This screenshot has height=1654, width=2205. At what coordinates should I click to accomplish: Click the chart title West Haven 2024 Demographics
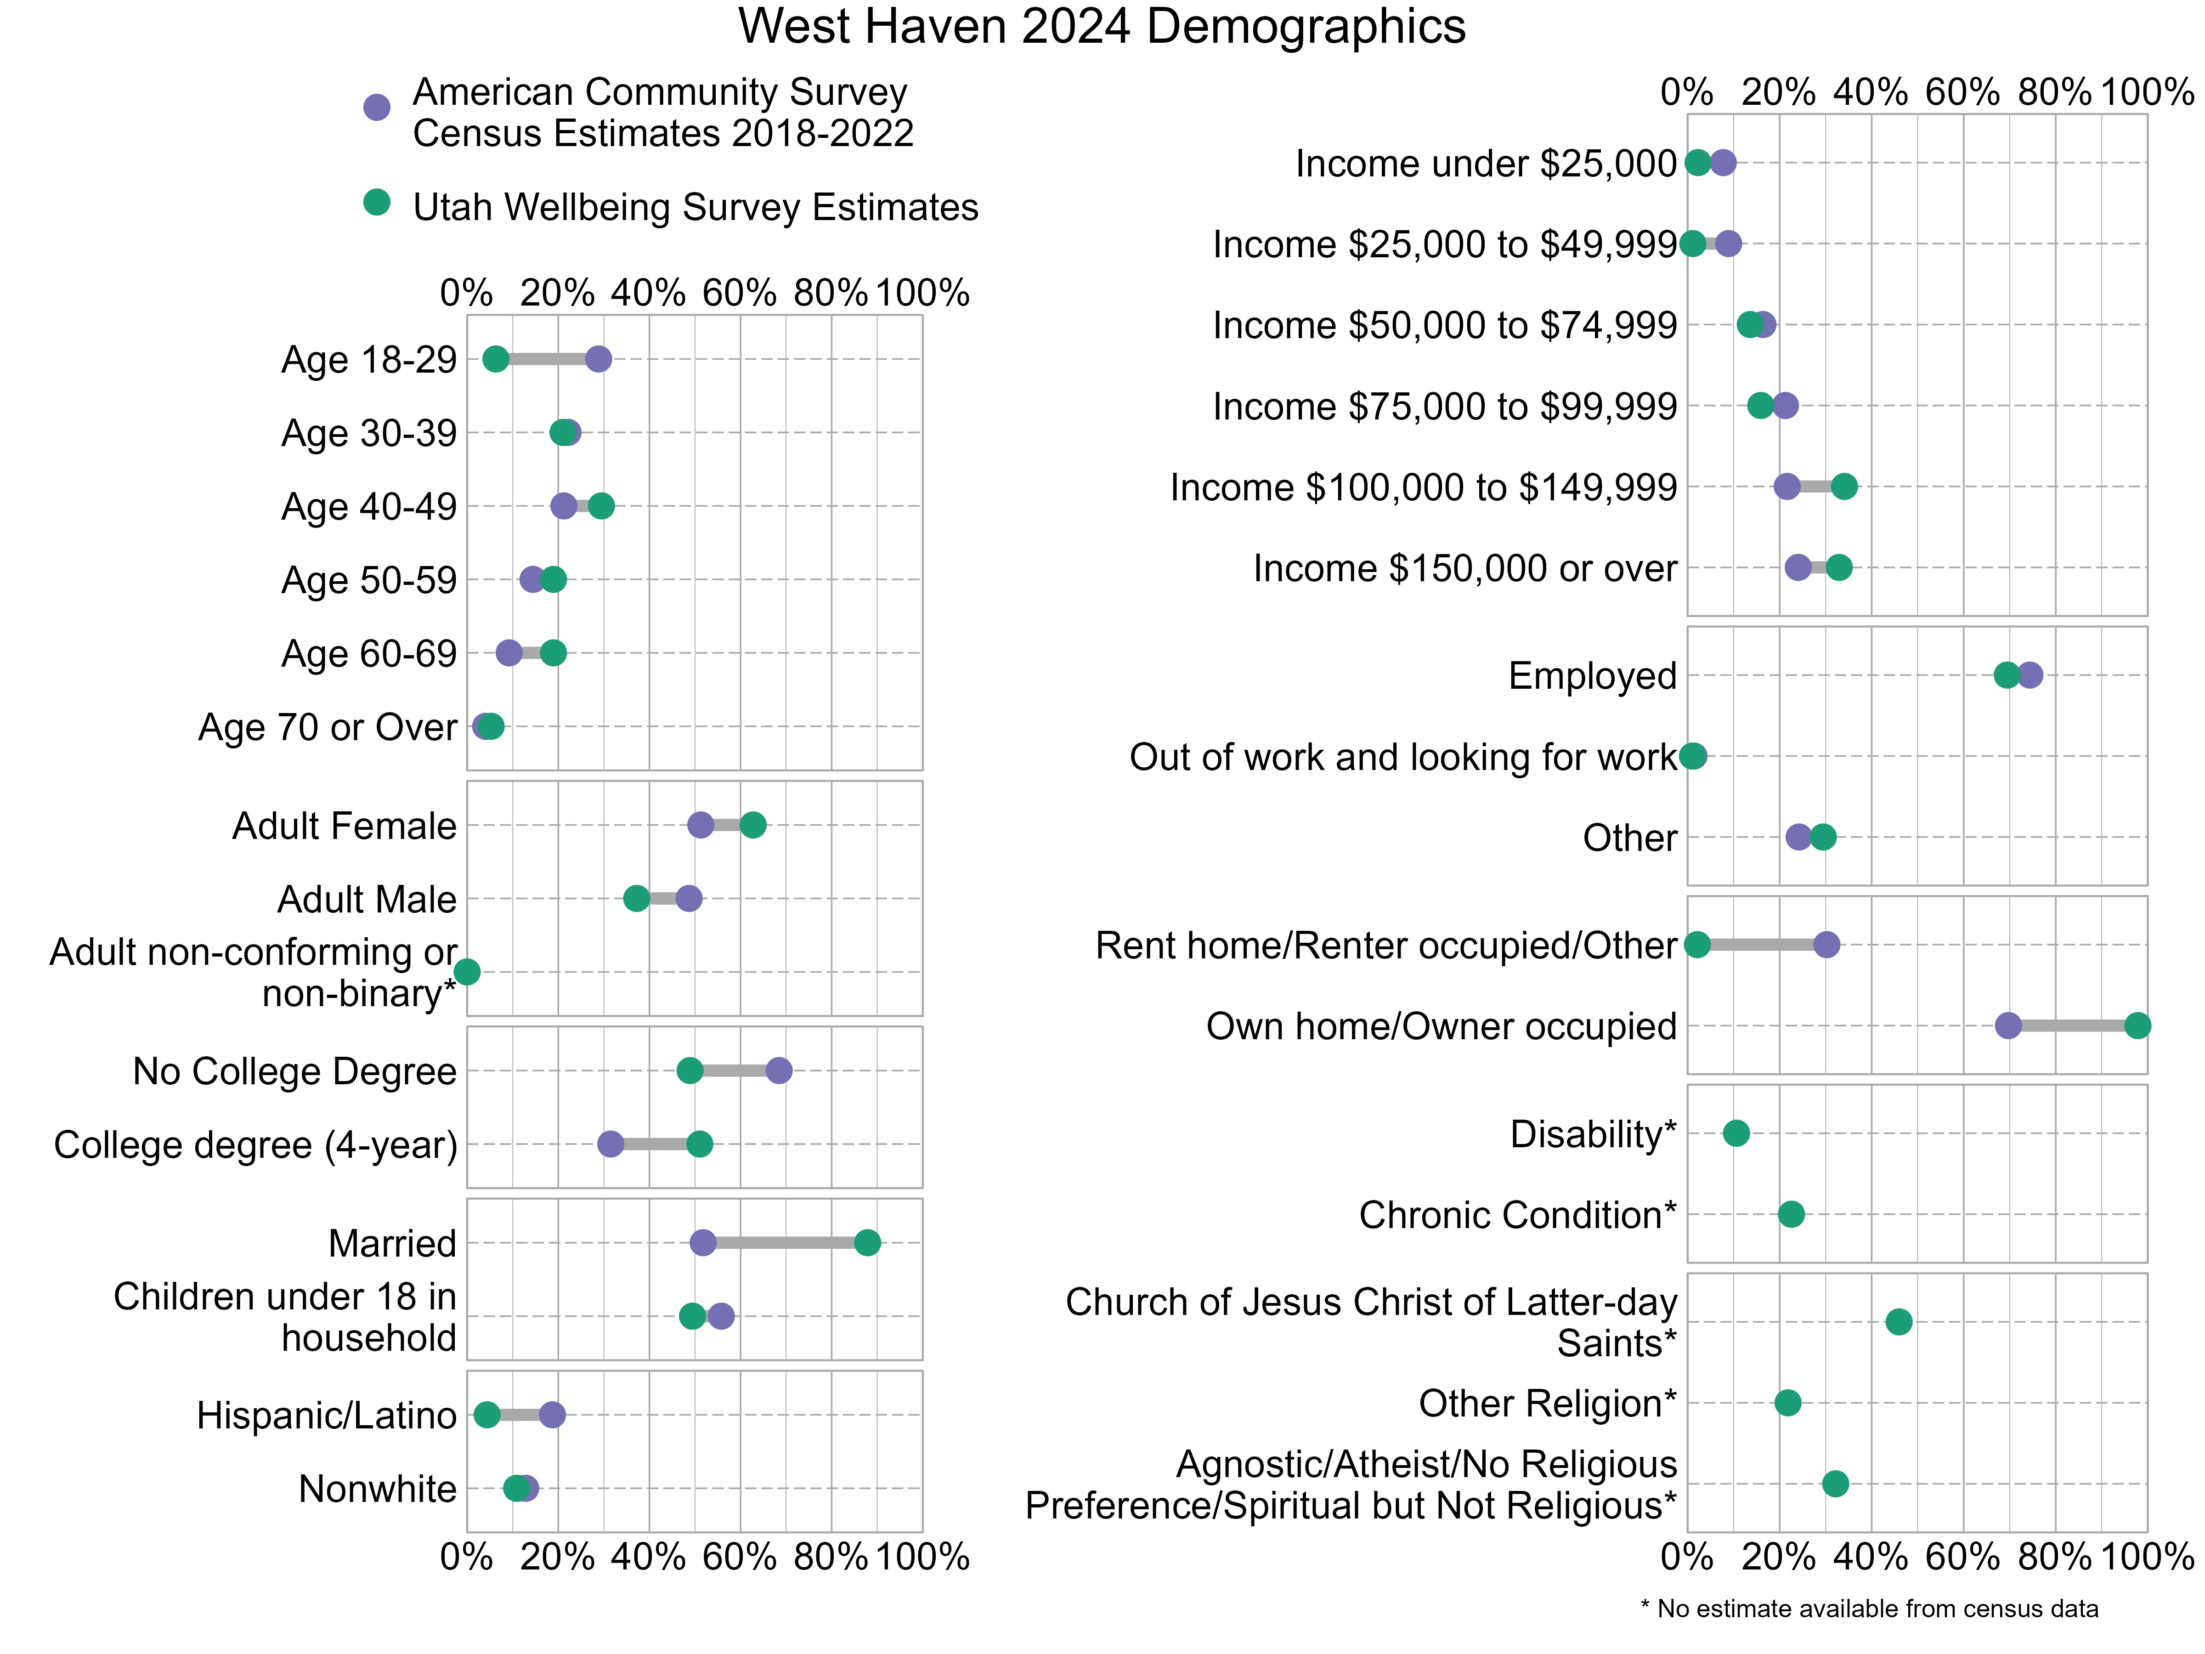point(1102,27)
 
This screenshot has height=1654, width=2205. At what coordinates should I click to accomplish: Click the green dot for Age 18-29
point(495,359)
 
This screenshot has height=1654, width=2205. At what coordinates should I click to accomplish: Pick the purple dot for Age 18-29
point(598,359)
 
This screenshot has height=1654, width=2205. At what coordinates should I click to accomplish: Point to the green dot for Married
point(867,1242)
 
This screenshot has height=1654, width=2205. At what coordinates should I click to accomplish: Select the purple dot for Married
point(703,1242)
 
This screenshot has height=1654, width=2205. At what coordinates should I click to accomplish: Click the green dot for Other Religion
point(1788,1403)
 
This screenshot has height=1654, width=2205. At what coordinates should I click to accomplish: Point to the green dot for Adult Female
point(752,825)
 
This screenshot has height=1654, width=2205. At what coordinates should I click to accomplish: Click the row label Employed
point(1592,676)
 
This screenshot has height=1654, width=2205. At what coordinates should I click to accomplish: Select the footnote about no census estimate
point(1869,1608)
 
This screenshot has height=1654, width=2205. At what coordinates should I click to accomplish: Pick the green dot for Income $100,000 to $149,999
point(1844,487)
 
